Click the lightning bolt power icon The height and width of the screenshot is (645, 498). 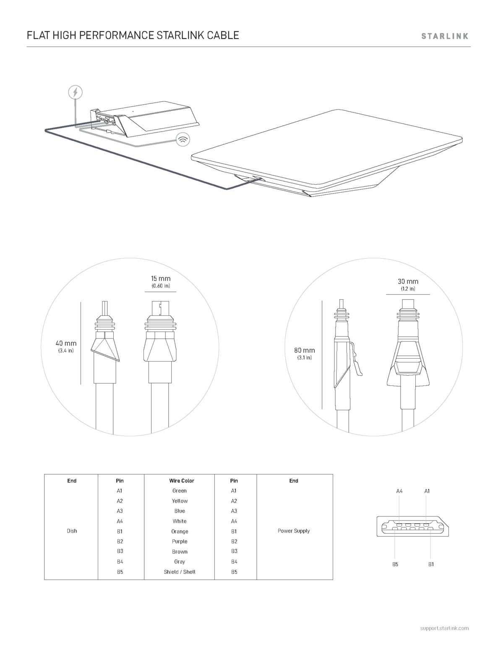point(76,92)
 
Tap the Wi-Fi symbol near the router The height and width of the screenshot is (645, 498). point(183,139)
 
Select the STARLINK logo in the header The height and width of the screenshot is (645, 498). point(445,36)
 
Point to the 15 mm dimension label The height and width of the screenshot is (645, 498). point(161,278)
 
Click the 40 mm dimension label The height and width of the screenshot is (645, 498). point(66,343)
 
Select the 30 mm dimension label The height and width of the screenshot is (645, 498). point(408,281)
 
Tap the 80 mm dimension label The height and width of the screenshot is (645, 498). point(304,350)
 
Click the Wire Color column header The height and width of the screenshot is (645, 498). point(182,481)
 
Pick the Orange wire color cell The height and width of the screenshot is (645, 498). point(180,531)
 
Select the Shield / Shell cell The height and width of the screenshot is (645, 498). point(180,572)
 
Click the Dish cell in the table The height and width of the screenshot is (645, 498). point(72,531)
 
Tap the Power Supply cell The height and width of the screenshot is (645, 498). point(294,531)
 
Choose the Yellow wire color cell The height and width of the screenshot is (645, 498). point(180,501)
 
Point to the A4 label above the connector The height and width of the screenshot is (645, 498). point(399,491)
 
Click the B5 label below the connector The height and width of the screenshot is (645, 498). point(395,564)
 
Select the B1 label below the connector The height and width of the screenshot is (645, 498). point(431,564)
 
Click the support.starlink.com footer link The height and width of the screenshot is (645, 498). point(445,628)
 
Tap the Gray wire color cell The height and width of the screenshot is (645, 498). point(180,561)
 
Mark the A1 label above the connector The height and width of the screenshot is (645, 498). point(427,491)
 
